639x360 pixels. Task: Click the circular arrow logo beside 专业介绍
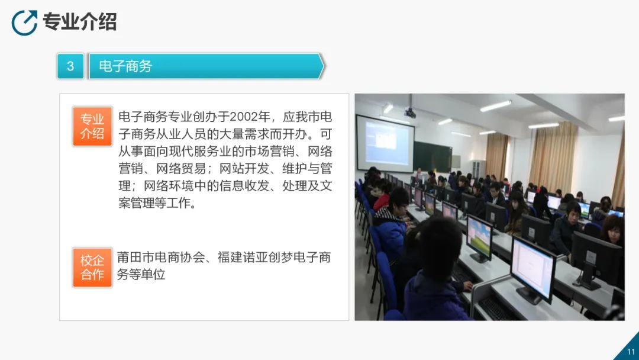pyautogui.click(x=24, y=23)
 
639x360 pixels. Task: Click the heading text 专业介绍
pyautogui.click(x=80, y=21)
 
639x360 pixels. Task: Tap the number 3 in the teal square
pyautogui.click(x=70, y=66)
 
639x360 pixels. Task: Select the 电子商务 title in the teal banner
pyautogui.click(x=125, y=66)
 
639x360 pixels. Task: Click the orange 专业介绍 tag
pyautogui.click(x=92, y=126)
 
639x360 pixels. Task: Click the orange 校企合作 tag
pyautogui.click(x=92, y=268)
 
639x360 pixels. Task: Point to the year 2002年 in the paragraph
pyautogui.click(x=250, y=117)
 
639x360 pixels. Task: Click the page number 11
pyautogui.click(x=631, y=352)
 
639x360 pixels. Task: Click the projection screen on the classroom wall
pyautogui.click(x=386, y=143)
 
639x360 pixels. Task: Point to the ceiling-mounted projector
pyautogui.click(x=410, y=112)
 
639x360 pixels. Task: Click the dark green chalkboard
pyautogui.click(x=433, y=157)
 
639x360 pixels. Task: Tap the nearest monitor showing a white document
pyautogui.click(x=533, y=269)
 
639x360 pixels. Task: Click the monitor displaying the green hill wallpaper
pyautogui.click(x=479, y=239)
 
